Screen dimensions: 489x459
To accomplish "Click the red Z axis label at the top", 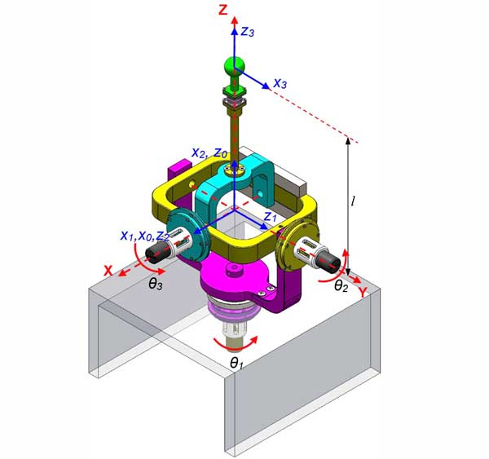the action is click(223, 11).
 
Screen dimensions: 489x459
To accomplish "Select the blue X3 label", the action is click(280, 83).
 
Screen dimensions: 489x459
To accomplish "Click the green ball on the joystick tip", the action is click(234, 66).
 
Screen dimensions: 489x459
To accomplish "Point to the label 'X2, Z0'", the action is click(209, 153).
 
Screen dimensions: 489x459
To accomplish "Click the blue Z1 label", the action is click(270, 217).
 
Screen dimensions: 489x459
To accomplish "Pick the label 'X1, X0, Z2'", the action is click(145, 236).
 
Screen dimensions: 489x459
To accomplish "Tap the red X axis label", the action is click(108, 270).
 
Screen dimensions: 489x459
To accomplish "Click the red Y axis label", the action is click(363, 293).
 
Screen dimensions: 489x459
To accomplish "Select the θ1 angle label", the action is click(236, 364).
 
